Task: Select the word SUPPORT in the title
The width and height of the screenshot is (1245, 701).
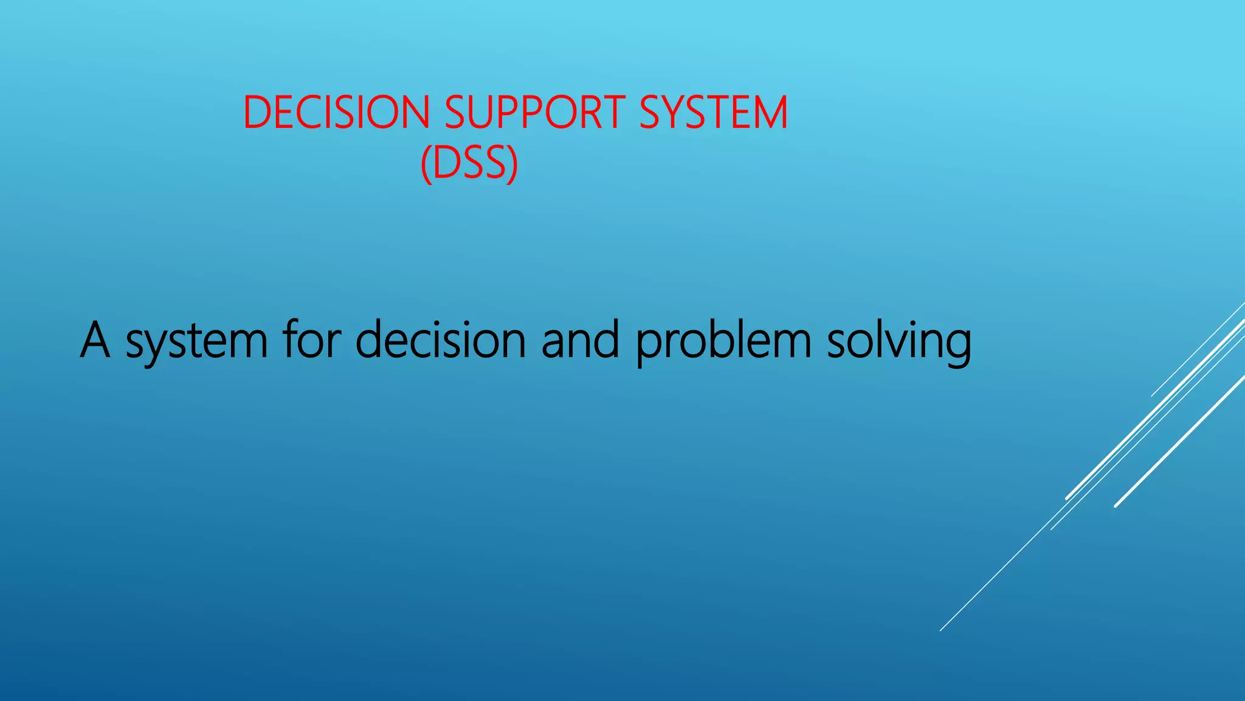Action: (534, 113)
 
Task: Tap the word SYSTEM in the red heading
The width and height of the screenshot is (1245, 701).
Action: (713, 113)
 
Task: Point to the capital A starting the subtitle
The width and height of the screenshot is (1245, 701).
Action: (95, 341)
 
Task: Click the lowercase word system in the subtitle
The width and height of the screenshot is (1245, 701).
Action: (196, 342)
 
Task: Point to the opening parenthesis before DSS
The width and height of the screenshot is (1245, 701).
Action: (426, 164)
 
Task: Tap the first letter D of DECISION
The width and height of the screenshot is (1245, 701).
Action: (256, 113)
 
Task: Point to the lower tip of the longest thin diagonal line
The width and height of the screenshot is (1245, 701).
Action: (941, 630)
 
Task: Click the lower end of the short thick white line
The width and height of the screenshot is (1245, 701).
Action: (1116, 506)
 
